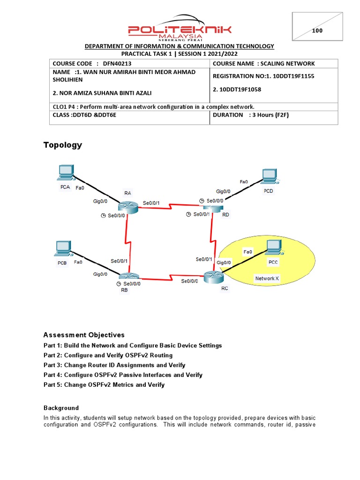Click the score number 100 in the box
click(317, 31)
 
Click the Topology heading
click(63, 145)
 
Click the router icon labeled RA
click(127, 206)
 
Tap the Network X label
click(267, 278)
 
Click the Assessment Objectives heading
click(84, 335)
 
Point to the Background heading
click(61, 408)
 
